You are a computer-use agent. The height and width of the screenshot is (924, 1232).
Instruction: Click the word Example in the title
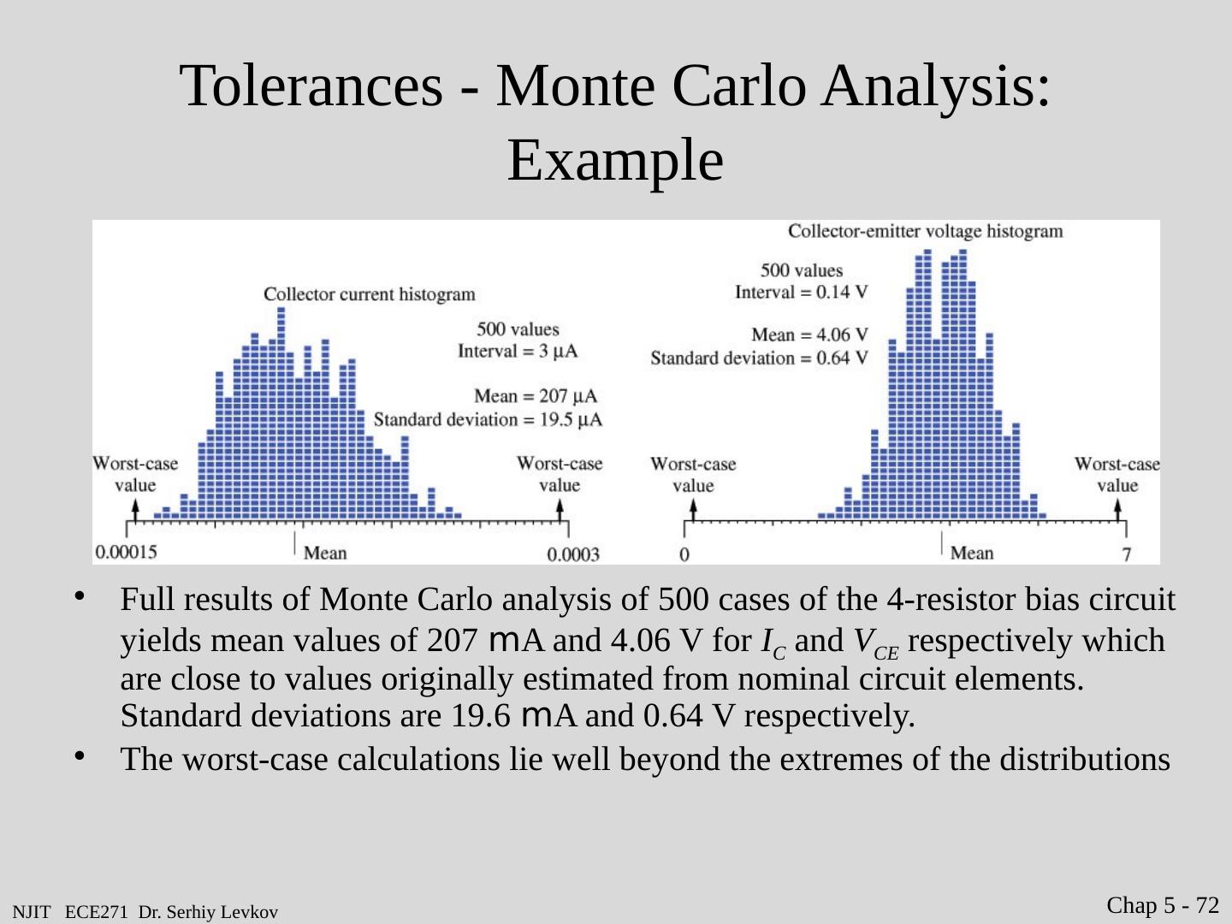pyautogui.click(x=615, y=161)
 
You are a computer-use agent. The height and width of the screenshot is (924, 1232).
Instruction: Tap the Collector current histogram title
pyautogui.click(x=369, y=294)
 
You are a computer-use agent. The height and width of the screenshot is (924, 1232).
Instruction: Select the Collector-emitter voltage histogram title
pyautogui.click(x=925, y=231)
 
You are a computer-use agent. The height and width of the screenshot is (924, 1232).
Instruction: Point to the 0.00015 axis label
pyautogui.click(x=126, y=552)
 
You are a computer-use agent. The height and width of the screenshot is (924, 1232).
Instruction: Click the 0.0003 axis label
pyautogui.click(x=573, y=555)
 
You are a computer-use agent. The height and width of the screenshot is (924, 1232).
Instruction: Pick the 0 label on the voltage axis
pyautogui.click(x=684, y=554)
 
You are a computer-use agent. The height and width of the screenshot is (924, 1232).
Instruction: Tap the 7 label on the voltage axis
pyautogui.click(x=1127, y=555)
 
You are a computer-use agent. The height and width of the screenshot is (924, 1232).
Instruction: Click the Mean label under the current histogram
pyautogui.click(x=325, y=553)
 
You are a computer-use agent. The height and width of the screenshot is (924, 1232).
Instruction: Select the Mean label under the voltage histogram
pyautogui.click(x=972, y=553)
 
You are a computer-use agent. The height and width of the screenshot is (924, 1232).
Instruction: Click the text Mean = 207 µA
pyautogui.click(x=536, y=396)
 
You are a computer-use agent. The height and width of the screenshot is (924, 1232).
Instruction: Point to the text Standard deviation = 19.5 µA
pyautogui.click(x=488, y=419)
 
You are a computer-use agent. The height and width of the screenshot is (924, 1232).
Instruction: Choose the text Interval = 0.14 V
pyautogui.click(x=802, y=292)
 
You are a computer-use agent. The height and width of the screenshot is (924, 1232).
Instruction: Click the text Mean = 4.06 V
pyautogui.click(x=809, y=335)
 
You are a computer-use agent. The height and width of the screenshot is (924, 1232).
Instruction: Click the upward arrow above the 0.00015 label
pyautogui.click(x=133, y=509)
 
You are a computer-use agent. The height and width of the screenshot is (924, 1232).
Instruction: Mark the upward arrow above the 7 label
pyautogui.click(x=1117, y=509)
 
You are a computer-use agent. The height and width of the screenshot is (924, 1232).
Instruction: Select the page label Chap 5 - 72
pyautogui.click(x=1164, y=905)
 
